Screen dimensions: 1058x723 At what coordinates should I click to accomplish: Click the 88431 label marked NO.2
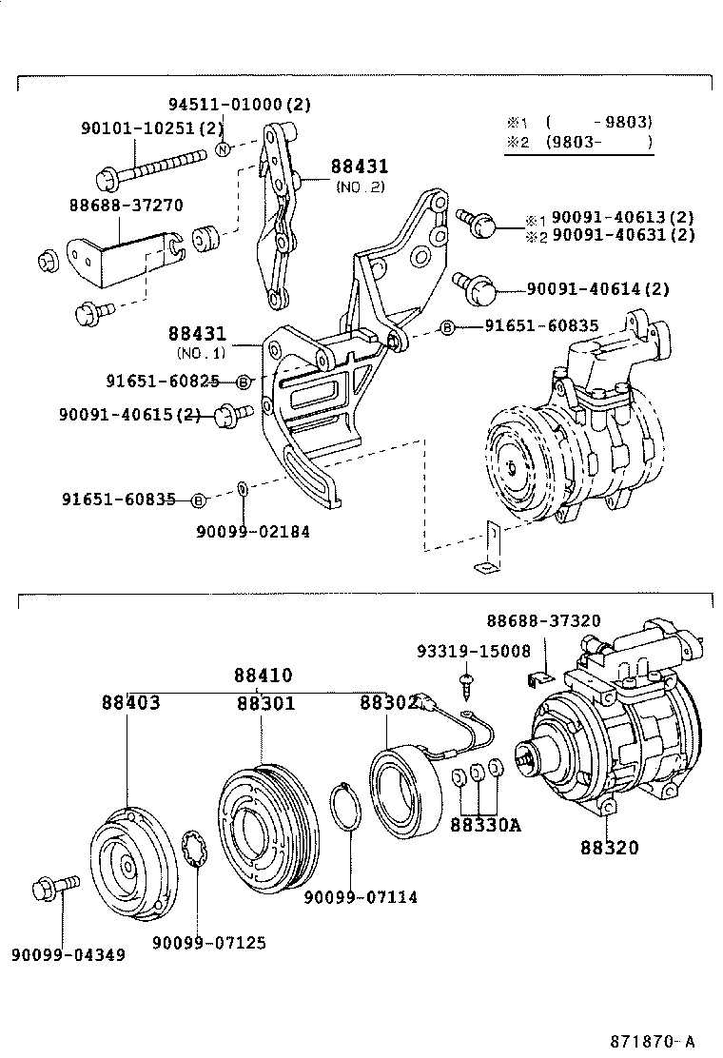point(359,167)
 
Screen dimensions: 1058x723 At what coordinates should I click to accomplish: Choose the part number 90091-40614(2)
point(598,289)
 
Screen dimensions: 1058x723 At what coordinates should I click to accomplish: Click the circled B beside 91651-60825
point(243,382)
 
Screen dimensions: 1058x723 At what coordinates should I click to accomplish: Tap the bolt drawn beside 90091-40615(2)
point(233,414)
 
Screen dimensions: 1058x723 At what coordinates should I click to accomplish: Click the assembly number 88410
point(263,676)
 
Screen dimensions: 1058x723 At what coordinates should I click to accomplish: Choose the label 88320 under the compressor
point(610,848)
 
